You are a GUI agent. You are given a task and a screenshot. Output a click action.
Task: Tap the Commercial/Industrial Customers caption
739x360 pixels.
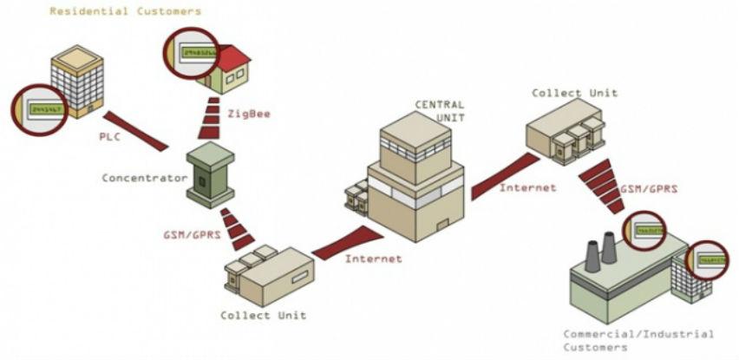click(638, 340)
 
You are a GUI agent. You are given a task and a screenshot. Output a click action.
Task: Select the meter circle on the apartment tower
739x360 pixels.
click(40, 110)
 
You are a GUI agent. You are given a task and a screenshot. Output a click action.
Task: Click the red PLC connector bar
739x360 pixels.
click(136, 130)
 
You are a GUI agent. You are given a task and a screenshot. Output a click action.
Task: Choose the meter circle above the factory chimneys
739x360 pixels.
click(644, 230)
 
